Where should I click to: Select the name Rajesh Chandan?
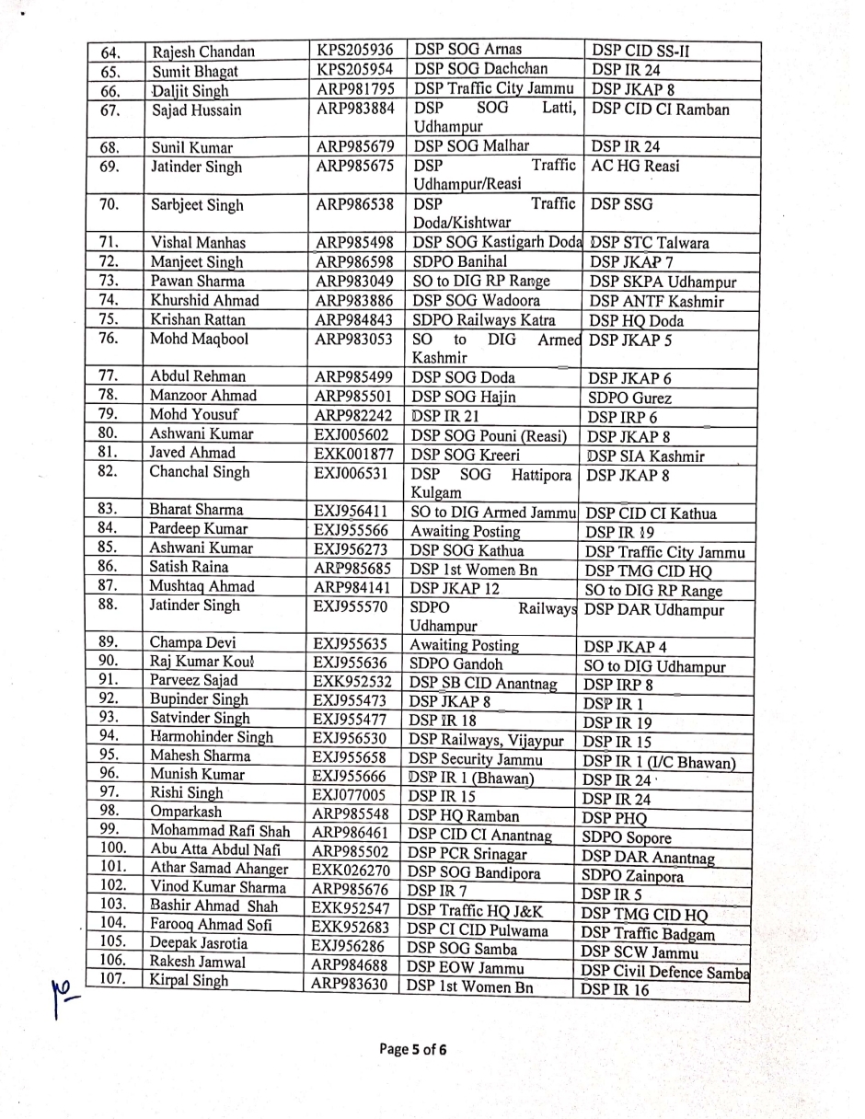203,52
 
